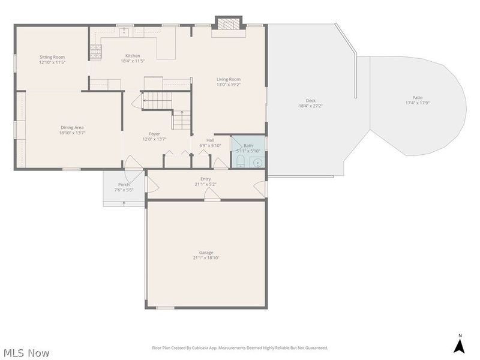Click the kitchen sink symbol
125,32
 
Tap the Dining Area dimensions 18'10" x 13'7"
72,133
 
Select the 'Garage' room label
206,253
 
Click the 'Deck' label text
311,101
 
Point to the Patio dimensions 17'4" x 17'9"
417,103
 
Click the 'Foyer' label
154,134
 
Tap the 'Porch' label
124,184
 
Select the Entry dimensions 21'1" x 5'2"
206,184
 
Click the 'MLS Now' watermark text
26,353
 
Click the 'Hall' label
210,140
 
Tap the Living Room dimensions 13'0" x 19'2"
229,85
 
